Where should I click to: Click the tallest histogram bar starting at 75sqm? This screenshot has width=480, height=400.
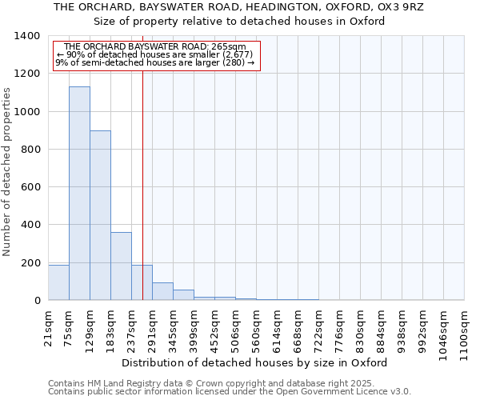pos(79,194)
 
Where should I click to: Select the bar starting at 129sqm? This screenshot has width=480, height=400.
pos(100,215)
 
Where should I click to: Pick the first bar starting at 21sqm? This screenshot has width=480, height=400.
pos(58,282)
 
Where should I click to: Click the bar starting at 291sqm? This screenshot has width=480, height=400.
pos(162,291)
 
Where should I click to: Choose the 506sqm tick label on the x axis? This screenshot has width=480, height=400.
pos(235,329)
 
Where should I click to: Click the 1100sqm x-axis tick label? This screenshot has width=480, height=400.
pos(464,332)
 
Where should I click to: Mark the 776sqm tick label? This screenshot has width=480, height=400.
pos(339,329)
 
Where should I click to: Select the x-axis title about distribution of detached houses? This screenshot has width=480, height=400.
pos(256,362)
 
